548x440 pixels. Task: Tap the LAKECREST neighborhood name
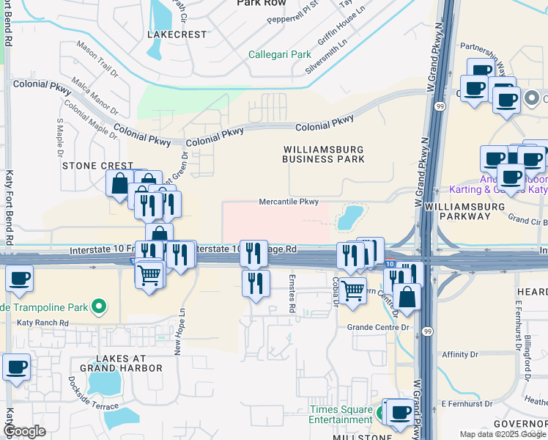[x=177, y=34]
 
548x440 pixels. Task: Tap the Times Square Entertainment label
[x=340, y=414]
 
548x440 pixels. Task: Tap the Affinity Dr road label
[x=459, y=355]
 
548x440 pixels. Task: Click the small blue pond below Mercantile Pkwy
[x=349, y=216]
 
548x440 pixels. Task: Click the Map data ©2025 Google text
[x=502, y=434]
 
